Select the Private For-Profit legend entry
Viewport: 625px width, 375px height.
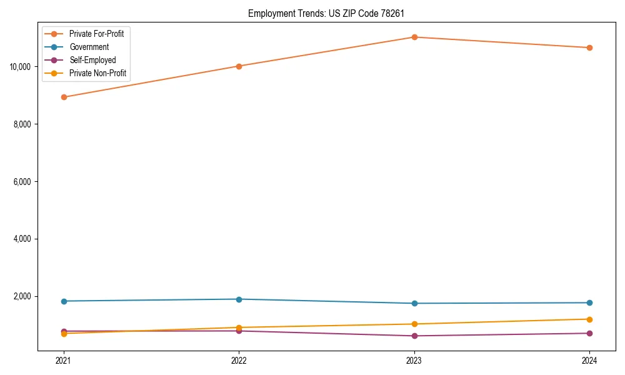(96, 34)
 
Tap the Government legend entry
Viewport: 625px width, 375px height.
(89, 47)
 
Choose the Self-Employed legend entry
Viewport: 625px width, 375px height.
(92, 60)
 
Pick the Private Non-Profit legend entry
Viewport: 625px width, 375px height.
(97, 73)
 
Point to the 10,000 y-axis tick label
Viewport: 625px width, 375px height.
(22, 66)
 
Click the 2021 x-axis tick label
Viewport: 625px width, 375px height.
(63, 360)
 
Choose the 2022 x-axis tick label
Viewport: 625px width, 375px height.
(239, 360)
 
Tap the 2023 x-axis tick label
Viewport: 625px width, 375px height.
(414, 360)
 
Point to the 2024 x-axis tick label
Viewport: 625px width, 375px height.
(589, 360)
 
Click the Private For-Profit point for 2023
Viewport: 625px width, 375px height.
(414, 37)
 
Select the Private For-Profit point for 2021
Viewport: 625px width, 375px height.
(63, 97)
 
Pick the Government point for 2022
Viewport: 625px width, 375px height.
(239, 299)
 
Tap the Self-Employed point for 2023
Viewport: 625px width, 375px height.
(414, 336)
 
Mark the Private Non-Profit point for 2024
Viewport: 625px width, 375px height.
(589, 319)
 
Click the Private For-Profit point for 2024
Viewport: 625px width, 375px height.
(589, 47)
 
